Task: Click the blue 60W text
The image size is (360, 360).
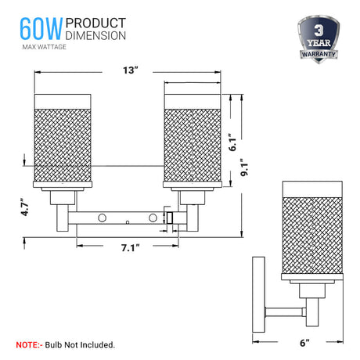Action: tap(41, 29)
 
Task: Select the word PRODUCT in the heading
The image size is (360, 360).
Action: tap(95, 23)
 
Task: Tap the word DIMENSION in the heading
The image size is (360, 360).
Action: tap(95, 35)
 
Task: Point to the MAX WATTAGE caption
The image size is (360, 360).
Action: tap(44, 47)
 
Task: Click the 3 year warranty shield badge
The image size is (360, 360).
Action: tap(319, 39)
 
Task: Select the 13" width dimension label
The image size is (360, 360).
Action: tap(130, 70)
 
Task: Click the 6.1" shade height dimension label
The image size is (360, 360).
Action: tap(232, 142)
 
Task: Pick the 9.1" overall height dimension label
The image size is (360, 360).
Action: tap(244, 167)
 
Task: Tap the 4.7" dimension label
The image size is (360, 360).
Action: tap(24, 207)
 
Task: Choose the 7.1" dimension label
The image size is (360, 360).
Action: tap(130, 247)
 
